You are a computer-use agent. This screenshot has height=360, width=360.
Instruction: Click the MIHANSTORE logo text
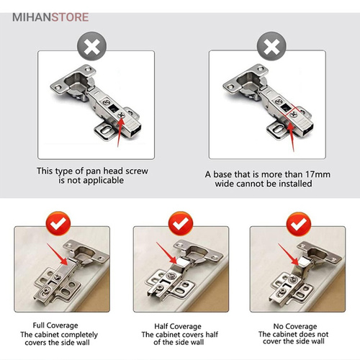point(48,14)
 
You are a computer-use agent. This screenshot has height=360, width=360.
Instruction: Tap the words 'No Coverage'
point(297,324)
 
